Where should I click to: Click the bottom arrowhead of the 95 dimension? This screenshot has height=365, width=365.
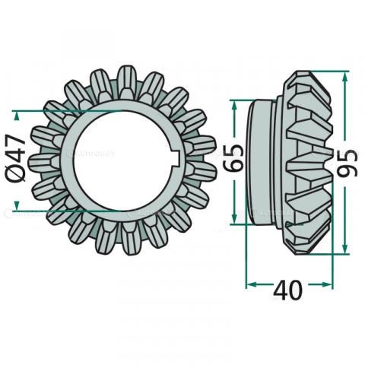click(x=347, y=250)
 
